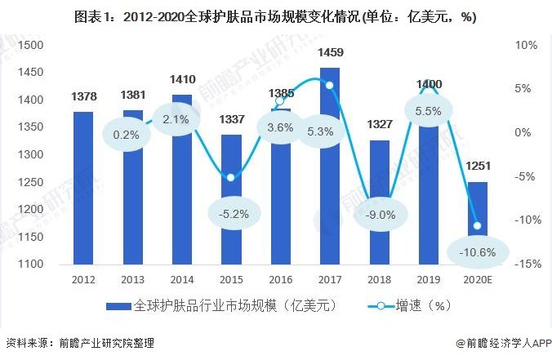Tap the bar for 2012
83,188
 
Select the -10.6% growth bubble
478,252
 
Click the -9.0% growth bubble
380,216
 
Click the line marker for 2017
330,85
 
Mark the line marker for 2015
231,177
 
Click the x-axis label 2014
182,279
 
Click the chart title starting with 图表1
275,16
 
